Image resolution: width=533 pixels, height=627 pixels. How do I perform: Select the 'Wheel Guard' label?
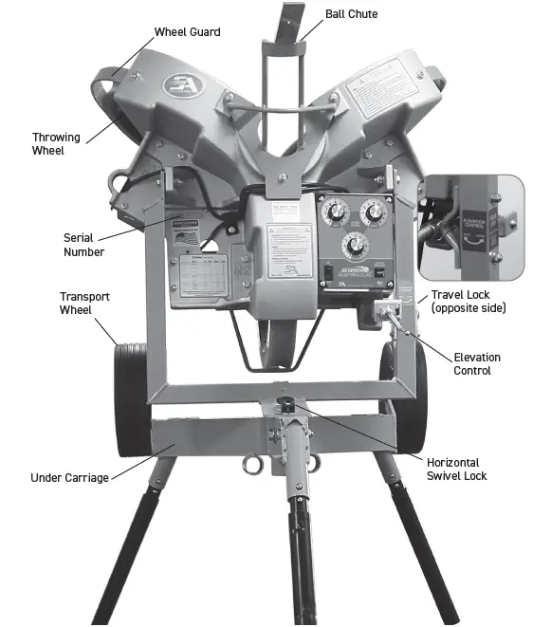point(187,32)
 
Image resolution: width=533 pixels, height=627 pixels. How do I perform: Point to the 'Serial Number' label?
point(83,245)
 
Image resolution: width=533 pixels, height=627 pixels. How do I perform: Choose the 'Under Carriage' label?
point(71,477)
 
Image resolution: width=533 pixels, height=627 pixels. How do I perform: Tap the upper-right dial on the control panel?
point(372,211)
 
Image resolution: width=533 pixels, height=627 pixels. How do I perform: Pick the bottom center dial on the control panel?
point(354,248)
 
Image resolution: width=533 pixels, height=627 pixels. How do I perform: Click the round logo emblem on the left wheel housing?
point(179,84)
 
